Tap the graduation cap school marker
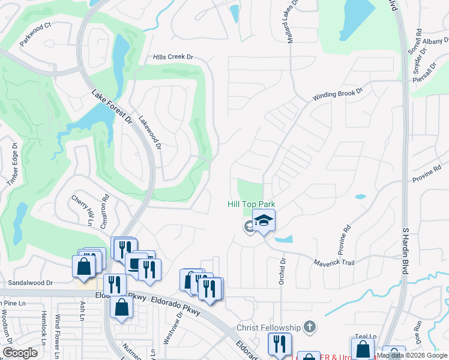pyautogui.click(x=264, y=221)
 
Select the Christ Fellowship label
pyautogui.click(x=268, y=328)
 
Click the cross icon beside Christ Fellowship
pyautogui.click(x=309, y=327)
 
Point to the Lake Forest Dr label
pyautogui.click(x=112, y=107)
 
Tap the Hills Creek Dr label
pyautogui.click(x=173, y=57)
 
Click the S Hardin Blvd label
pyautogui.click(x=406, y=249)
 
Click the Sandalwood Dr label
pyautogui.click(x=30, y=282)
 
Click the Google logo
pyautogui.click(x=20, y=353)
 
